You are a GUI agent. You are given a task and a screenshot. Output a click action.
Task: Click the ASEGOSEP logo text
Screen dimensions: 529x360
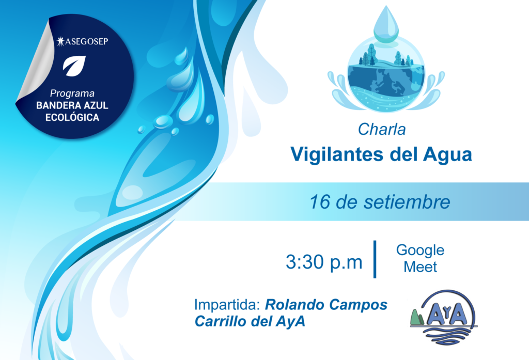(83, 41)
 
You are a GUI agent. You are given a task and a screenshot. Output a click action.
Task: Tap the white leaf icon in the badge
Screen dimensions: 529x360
(74, 66)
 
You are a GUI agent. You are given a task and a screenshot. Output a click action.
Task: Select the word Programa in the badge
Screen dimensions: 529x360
(72, 93)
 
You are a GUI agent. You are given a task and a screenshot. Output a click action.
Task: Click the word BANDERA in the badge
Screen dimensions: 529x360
(55, 105)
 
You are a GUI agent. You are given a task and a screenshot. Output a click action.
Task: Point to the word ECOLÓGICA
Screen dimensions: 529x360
(72, 117)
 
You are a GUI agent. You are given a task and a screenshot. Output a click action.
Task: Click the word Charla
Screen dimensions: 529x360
(382, 129)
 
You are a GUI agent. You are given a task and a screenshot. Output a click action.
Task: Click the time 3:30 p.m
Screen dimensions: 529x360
(324, 262)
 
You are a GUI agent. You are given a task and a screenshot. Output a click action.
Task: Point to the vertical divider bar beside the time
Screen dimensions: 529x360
(375, 259)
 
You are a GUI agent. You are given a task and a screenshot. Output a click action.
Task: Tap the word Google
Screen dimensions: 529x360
(420, 251)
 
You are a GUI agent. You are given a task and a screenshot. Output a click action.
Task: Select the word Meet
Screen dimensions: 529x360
(420, 267)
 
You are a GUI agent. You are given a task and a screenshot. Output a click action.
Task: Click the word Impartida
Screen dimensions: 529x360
(227, 305)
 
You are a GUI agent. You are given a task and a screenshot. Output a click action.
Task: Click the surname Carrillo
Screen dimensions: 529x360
(221, 321)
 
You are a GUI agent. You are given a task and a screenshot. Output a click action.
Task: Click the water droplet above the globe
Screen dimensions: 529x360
(386, 24)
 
